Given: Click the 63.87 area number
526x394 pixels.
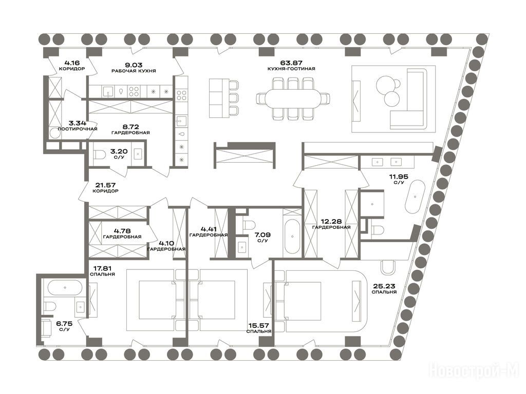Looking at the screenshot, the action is (x=291, y=63).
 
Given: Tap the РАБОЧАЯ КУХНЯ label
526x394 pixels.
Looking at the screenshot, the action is (x=134, y=71).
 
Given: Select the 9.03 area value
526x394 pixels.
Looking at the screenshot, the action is (x=134, y=65).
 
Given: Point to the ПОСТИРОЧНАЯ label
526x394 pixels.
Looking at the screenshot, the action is (x=78, y=129).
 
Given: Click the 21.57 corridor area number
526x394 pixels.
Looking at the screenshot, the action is (x=105, y=185).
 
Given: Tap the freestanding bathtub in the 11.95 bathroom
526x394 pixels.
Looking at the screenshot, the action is (x=415, y=196).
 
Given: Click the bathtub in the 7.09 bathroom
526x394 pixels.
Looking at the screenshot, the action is (x=292, y=237).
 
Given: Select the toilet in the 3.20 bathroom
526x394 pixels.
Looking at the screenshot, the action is (x=100, y=154).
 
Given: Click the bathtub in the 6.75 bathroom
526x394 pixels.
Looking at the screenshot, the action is (x=64, y=288).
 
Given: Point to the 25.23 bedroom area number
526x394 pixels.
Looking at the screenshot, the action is (x=384, y=286).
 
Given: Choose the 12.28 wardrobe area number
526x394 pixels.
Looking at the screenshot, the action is (x=331, y=222).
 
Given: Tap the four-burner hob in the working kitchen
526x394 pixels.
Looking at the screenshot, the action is (x=134, y=91).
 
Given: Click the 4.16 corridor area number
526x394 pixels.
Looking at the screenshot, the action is (x=72, y=62).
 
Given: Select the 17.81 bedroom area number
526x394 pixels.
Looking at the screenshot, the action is (x=102, y=268).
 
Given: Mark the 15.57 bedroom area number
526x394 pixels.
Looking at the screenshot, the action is (x=259, y=325).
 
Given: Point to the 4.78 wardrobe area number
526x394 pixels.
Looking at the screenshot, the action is (x=122, y=231).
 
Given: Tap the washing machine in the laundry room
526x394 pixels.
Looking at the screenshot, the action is (x=54, y=133).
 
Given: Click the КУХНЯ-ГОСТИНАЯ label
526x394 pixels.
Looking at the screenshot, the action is (x=291, y=69).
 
